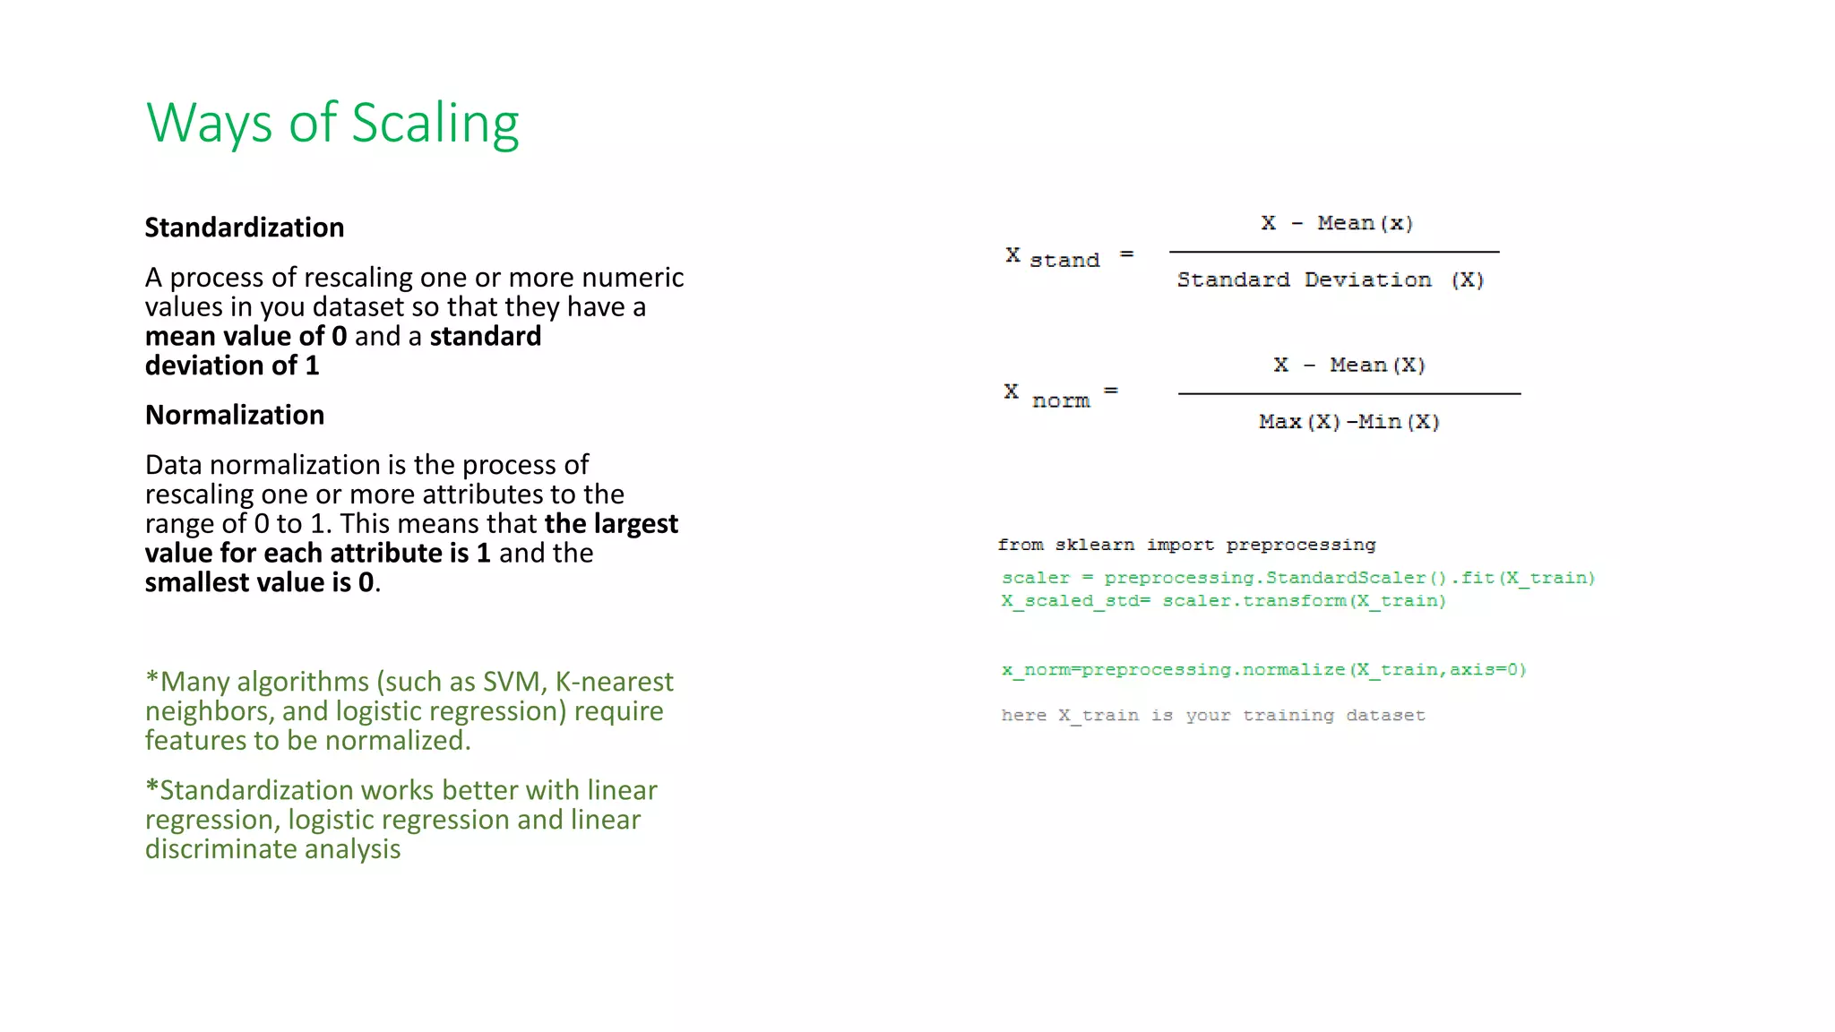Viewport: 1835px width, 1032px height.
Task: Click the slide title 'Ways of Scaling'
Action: (332, 124)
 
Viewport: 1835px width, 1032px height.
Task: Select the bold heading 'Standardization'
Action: (245, 228)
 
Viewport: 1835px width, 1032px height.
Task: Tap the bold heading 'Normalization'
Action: (235, 415)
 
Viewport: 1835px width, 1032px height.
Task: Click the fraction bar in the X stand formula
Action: (1333, 252)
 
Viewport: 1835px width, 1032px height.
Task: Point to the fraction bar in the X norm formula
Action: (1348, 393)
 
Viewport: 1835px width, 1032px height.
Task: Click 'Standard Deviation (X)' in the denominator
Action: (1331, 280)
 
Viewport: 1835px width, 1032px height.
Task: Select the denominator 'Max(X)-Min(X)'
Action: (1348, 422)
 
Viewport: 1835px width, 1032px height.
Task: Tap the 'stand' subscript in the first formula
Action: (1064, 261)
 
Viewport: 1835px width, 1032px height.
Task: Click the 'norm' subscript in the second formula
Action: (1061, 401)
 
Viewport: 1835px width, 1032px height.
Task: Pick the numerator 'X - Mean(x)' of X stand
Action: (1336, 223)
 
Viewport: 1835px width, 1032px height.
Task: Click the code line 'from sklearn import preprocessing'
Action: (1186, 545)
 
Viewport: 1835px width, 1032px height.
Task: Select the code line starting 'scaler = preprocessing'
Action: (1297, 578)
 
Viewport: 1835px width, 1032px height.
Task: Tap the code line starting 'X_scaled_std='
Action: (1223, 601)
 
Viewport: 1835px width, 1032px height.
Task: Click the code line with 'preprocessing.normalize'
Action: (1263, 670)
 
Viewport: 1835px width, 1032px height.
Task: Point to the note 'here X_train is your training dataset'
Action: (1212, 715)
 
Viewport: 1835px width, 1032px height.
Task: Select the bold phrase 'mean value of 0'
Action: (246, 336)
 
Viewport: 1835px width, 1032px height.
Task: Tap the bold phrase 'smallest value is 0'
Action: (259, 582)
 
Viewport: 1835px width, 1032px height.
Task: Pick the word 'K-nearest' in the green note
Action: (614, 682)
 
